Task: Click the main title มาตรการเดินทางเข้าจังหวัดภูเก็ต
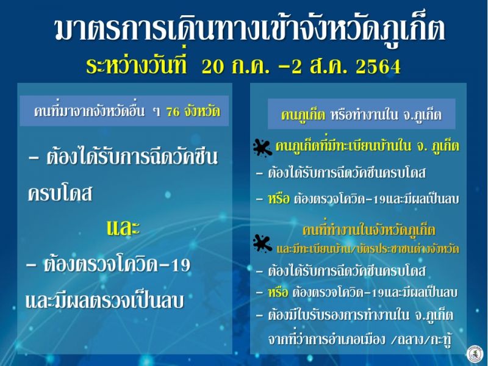[x=250, y=30]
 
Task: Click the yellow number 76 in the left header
[x=173, y=112]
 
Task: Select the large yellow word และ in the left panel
[x=123, y=228]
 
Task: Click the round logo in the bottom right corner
[x=475, y=354]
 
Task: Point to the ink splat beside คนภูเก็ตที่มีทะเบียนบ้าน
[x=262, y=147]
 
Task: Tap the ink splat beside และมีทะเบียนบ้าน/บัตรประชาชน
[x=262, y=243]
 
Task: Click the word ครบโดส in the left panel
[x=60, y=194]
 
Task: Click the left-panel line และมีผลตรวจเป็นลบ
[x=104, y=301]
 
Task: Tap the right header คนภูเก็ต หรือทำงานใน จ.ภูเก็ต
[x=361, y=115]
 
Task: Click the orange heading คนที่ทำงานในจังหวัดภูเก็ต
[x=368, y=231]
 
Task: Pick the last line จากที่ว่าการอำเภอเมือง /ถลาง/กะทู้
[x=360, y=339]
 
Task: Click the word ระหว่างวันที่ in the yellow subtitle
[x=136, y=65]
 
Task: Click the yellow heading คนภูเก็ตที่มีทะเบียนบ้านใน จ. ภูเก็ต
[x=367, y=146]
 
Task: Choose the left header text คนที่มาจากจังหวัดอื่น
[x=89, y=111]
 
